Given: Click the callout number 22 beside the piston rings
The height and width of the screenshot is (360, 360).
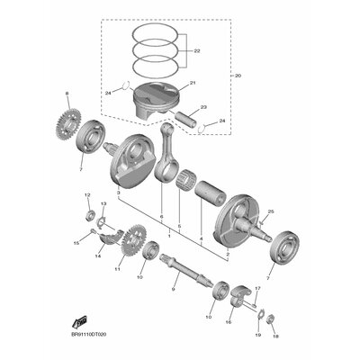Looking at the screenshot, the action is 197,51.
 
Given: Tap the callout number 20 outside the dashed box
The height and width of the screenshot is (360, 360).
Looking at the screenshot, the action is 238,76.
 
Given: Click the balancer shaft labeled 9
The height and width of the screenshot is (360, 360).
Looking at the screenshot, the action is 187,271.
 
